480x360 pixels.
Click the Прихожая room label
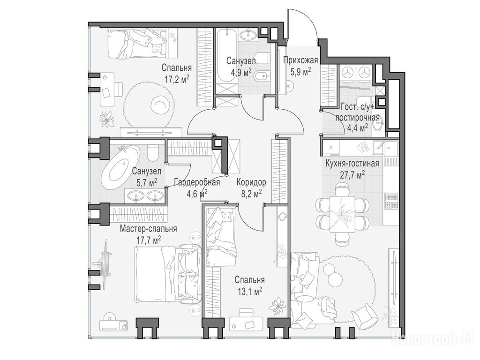tap(300, 60)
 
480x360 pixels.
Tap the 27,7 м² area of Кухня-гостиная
tap(352, 174)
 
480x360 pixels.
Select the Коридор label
tap(251, 182)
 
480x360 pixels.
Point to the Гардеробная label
tap(197, 182)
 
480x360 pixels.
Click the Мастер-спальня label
tap(149, 229)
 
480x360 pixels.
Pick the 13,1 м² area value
tap(249, 291)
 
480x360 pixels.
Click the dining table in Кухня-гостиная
tap(342, 214)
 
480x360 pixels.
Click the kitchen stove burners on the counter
tap(391, 201)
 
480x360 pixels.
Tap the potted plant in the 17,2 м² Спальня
tap(107, 120)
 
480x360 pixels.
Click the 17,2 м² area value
tap(177, 79)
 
